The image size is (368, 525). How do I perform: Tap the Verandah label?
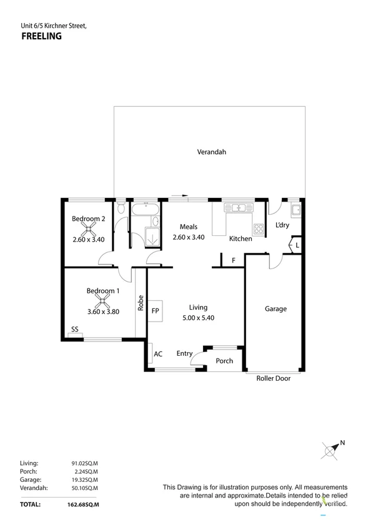pos(211,152)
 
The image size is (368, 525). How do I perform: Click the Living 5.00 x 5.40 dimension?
pos(198,317)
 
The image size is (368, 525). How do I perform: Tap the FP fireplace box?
pos(155,310)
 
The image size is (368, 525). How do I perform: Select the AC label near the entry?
pos(158,354)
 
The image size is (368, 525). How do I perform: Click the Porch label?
pos(224,361)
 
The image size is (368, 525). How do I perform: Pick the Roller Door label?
pos(273,378)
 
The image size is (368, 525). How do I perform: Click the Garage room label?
pos(276,308)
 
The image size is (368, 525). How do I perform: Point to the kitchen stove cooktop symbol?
pos(259,228)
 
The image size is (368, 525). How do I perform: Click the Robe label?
pos(141,303)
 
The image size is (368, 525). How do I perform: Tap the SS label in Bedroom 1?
pos(74,329)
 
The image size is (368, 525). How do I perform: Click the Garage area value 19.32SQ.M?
pos(84,479)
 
